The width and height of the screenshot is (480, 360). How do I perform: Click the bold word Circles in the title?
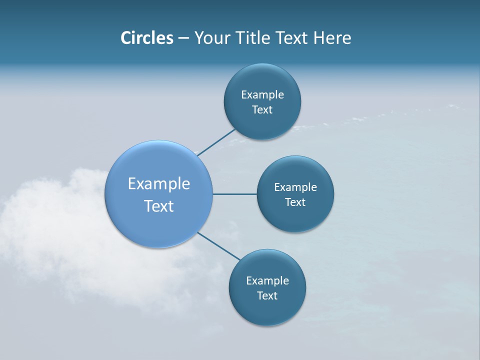coord(146,38)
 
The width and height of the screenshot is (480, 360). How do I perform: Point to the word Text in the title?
coord(292,38)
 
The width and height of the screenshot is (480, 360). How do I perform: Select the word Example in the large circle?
coord(159,184)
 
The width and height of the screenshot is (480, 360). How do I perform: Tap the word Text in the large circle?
coord(159,206)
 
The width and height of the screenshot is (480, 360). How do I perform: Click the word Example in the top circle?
coord(262,95)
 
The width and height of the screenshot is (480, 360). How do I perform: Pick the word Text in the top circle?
coord(262,110)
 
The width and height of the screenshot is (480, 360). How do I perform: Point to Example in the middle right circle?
coord(295,187)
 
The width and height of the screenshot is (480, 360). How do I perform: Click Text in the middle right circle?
coord(295,202)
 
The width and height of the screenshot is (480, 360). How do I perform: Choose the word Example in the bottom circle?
coord(267,281)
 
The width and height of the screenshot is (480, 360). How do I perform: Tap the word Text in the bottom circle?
coord(267,296)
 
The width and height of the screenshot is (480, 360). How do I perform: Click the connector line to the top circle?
coord(216,141)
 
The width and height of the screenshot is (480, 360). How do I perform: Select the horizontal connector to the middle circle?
coord(235,194)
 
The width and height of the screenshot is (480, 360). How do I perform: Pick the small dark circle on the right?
coord(315,215)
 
